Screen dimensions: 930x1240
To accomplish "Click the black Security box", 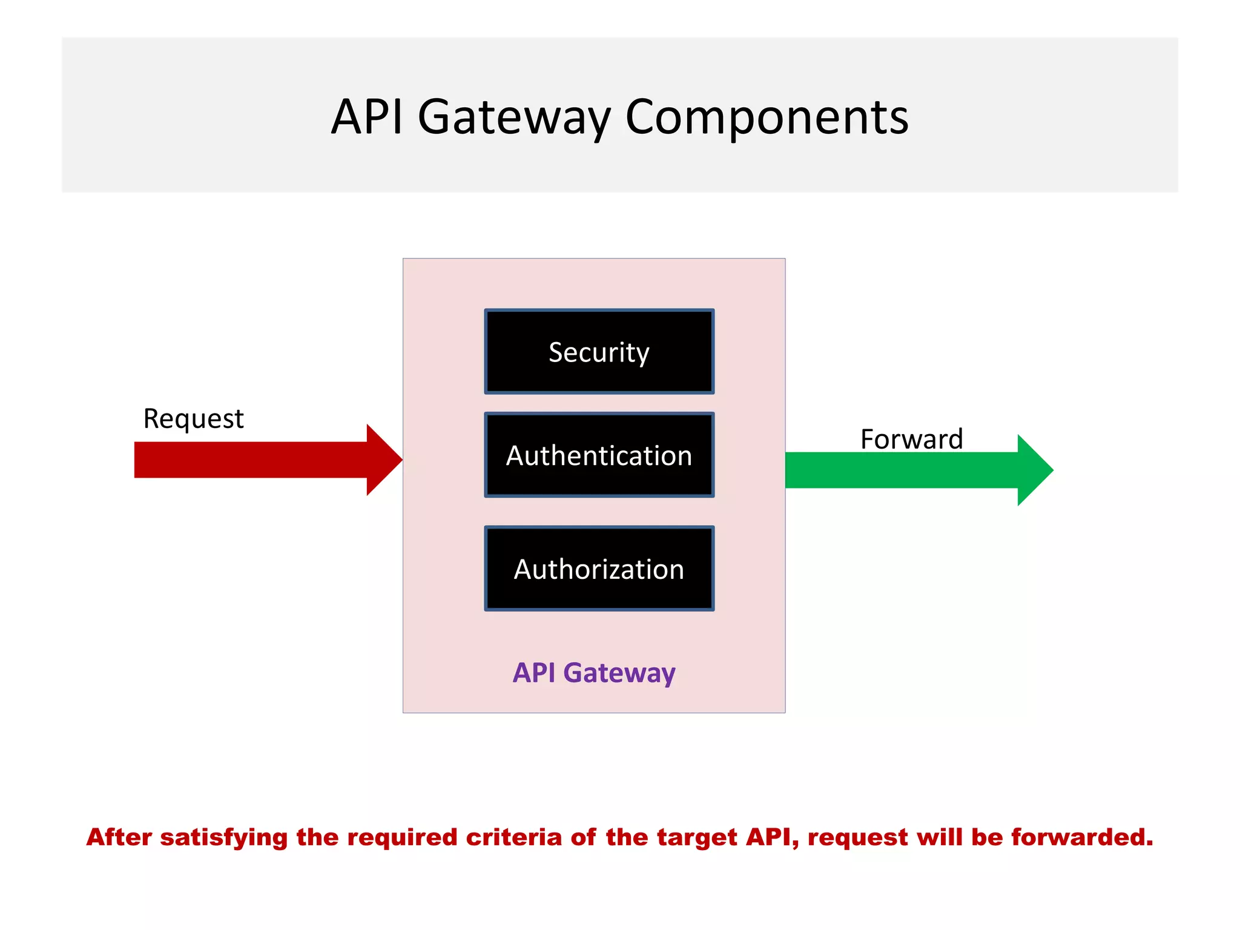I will click(x=599, y=352).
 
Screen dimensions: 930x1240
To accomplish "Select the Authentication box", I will click(x=599, y=455).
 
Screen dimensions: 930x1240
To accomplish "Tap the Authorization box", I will click(x=599, y=569).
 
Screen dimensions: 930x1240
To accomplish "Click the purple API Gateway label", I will click(x=593, y=673).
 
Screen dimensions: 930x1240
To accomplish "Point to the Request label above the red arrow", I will click(x=193, y=419).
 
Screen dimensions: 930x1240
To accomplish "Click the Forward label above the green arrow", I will click(x=911, y=439).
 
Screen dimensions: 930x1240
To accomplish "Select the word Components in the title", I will click(x=767, y=117).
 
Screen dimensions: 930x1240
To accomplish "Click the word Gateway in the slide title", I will click(x=514, y=117).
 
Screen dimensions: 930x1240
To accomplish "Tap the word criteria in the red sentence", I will click(x=513, y=837).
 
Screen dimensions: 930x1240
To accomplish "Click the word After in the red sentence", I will click(x=119, y=837).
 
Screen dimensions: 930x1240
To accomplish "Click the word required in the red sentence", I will click(x=402, y=838).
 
